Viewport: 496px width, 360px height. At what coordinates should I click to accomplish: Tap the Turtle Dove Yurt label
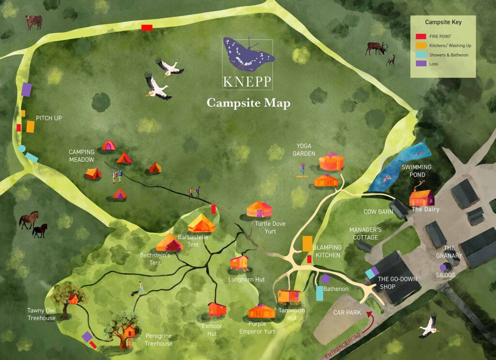click(x=266, y=227)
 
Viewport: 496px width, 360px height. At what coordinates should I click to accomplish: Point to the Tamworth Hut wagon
click(x=290, y=297)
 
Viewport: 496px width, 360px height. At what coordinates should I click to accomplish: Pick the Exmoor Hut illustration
click(x=217, y=309)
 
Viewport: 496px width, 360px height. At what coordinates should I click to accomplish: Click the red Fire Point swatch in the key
click(x=421, y=36)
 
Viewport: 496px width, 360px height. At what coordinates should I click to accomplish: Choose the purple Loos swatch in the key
click(x=421, y=64)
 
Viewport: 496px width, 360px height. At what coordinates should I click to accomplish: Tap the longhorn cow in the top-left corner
click(x=33, y=21)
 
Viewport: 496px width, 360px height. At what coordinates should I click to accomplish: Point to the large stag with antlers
click(x=377, y=47)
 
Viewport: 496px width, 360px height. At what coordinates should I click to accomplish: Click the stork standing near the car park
click(x=429, y=325)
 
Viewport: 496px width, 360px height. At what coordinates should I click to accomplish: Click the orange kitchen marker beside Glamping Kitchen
click(x=307, y=243)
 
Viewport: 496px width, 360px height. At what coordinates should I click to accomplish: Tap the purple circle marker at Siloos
click(x=443, y=267)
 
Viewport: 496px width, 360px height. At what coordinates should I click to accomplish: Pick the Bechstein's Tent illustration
click(x=169, y=242)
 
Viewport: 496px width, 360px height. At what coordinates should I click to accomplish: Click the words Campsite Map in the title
click(x=248, y=103)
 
